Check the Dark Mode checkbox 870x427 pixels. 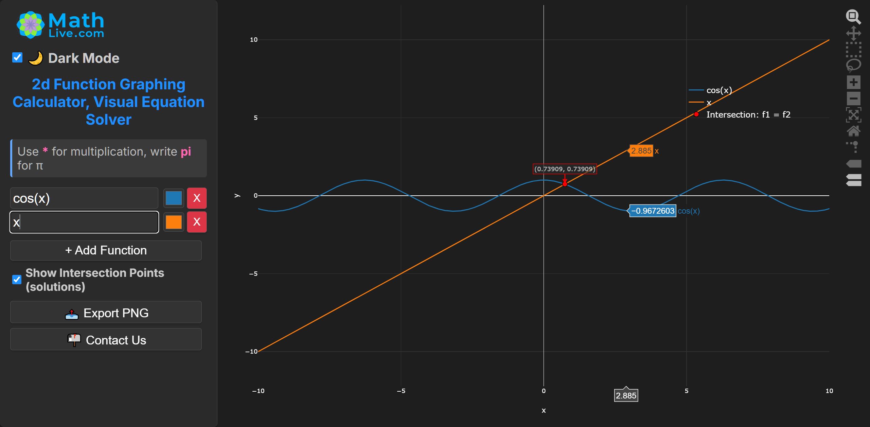click(x=17, y=58)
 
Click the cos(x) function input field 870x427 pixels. click(x=84, y=198)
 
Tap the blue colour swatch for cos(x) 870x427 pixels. click(x=174, y=198)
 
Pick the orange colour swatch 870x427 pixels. click(x=174, y=222)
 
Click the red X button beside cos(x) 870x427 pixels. click(x=197, y=198)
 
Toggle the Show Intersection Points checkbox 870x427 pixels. click(x=17, y=280)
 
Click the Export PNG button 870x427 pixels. click(x=106, y=313)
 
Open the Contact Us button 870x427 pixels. click(x=106, y=340)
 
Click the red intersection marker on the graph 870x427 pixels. click(x=565, y=184)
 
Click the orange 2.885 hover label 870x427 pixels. click(x=641, y=151)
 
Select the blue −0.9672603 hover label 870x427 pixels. click(x=653, y=211)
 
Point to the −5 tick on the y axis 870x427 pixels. click(x=253, y=274)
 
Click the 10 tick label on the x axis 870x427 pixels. click(x=829, y=391)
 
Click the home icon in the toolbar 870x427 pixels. click(x=853, y=131)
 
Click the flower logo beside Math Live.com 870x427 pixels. click(x=31, y=25)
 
